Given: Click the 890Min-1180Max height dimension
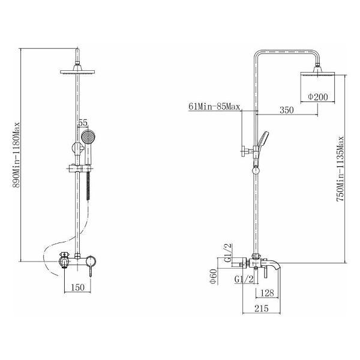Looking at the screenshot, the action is (x=17, y=155).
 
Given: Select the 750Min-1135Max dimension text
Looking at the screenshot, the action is (x=340, y=169).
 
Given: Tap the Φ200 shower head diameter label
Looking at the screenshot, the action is (x=318, y=97).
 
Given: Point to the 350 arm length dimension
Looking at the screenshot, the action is (x=287, y=110).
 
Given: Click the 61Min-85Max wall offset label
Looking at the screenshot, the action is (x=214, y=107).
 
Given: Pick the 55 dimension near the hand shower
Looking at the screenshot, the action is (x=83, y=123).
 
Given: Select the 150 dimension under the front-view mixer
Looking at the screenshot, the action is (x=78, y=287).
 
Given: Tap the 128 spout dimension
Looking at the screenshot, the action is (x=268, y=293).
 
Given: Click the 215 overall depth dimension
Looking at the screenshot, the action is (x=262, y=308).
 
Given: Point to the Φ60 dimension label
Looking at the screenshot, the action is (x=214, y=276).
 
